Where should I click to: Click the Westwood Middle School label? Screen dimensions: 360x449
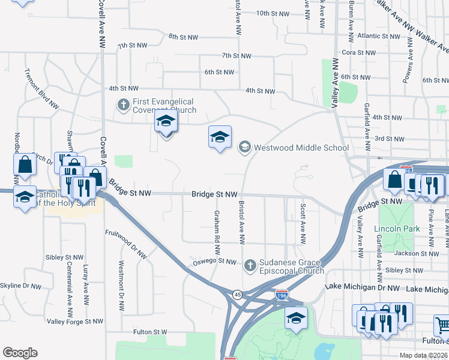pyautogui.click(x=301, y=147)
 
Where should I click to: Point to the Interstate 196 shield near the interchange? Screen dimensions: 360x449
pyautogui.click(x=282, y=295)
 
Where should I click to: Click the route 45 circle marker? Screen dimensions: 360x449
pyautogui.click(x=238, y=295)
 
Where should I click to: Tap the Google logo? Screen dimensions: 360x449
pyautogui.click(x=20, y=353)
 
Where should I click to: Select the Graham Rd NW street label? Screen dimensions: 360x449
pyautogui.click(x=217, y=227)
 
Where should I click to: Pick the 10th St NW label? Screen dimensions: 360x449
pyautogui.click(x=273, y=13)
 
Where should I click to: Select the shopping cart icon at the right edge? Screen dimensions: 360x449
pyautogui.click(x=442, y=326)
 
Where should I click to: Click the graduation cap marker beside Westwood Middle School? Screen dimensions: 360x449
pyautogui.click(x=220, y=137)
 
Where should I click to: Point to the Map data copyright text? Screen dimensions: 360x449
pyautogui.click(x=423, y=355)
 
